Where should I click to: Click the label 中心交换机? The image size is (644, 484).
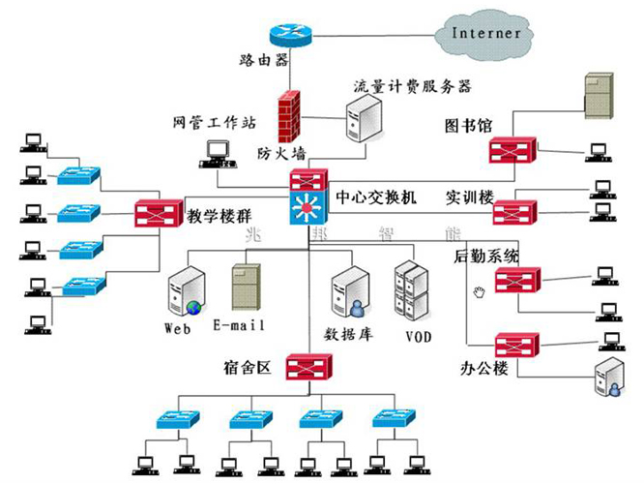375,197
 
